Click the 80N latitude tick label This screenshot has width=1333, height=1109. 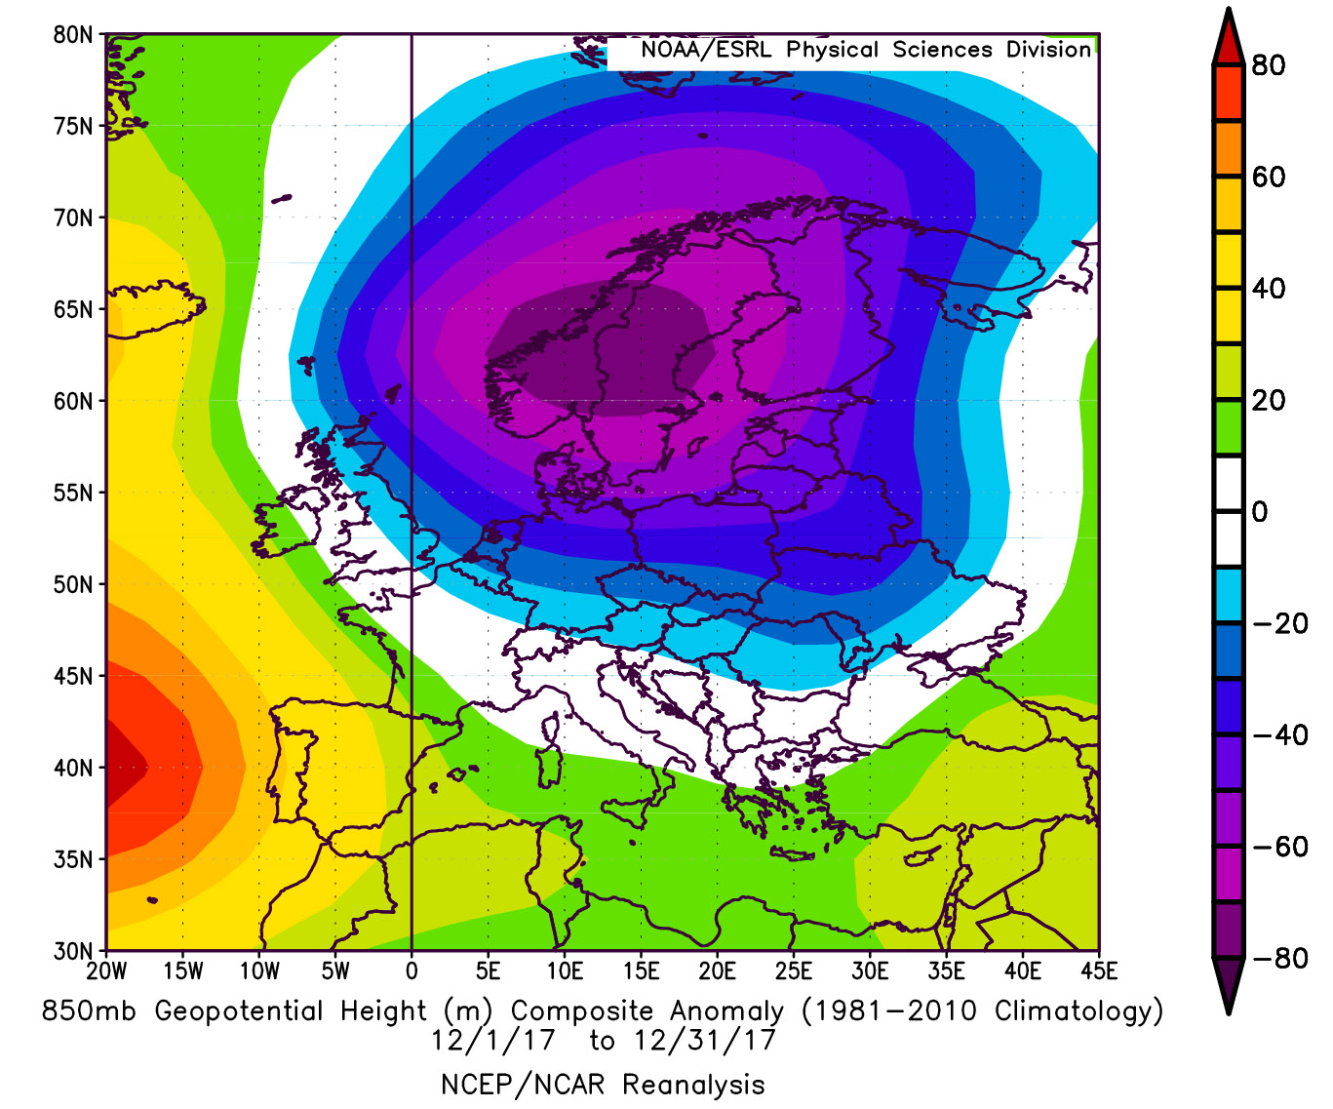tap(72, 35)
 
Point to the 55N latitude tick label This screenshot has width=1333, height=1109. tap(72, 493)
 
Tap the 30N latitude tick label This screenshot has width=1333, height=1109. tap(72, 951)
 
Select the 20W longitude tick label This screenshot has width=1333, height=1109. tap(106, 971)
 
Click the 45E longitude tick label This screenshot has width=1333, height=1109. tap(1099, 971)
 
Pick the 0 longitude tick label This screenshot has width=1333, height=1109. tap(412, 971)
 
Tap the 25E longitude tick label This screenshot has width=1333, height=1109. tap(794, 971)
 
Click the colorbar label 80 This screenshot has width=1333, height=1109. tap(1269, 66)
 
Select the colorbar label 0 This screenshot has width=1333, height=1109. tap(1260, 512)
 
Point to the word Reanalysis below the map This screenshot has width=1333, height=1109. tap(693, 1085)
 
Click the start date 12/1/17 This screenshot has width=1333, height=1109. tap(492, 1041)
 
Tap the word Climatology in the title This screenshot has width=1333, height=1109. tap(1078, 1011)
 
